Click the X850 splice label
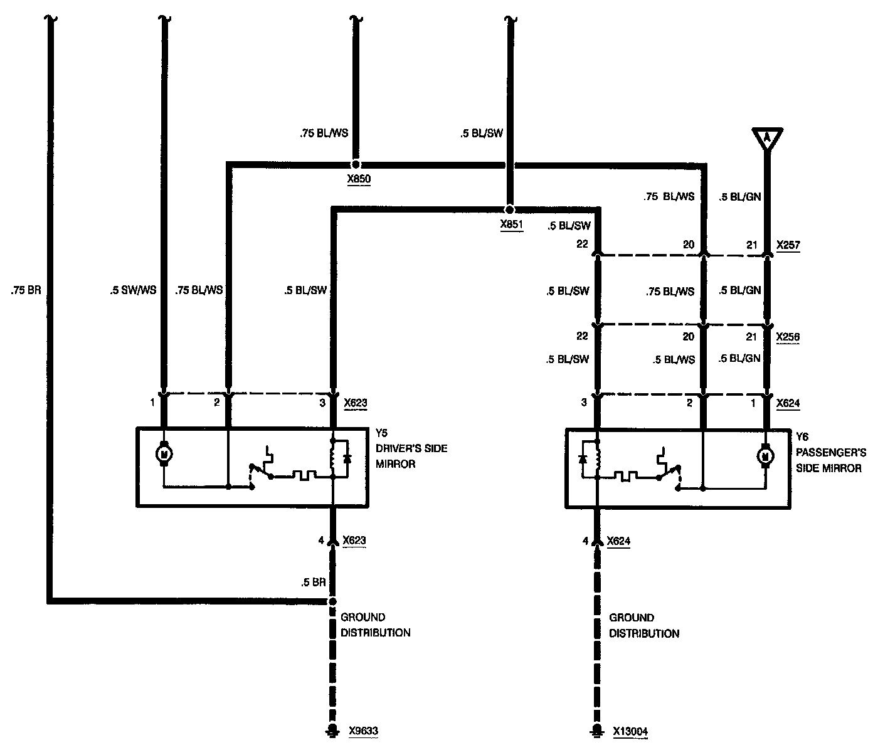(359, 179)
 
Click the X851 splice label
(511, 224)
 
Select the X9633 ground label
(363, 731)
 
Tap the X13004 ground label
(630, 731)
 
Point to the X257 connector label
(788, 245)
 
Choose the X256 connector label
(788, 337)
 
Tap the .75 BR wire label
(26, 291)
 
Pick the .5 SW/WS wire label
(132, 290)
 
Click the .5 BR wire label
(314, 583)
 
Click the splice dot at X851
(509, 209)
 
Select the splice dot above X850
(356, 164)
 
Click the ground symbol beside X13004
(598, 731)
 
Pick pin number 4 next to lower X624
(586, 541)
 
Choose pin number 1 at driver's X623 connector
(152, 403)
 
